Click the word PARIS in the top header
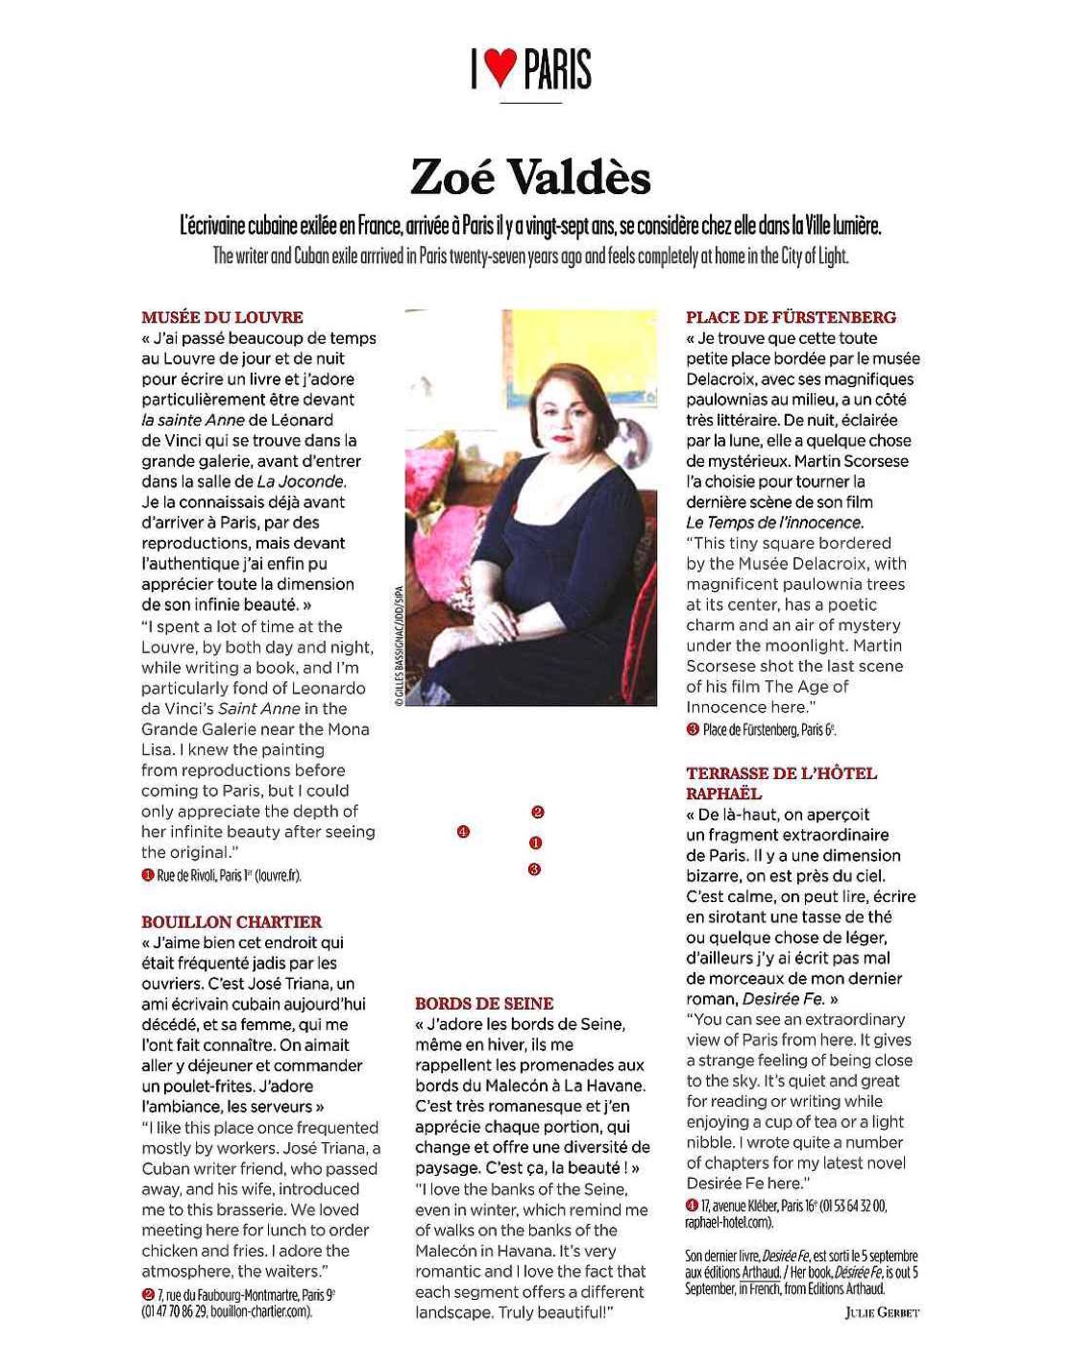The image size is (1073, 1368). [x=558, y=68]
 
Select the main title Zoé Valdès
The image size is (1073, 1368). [x=530, y=177]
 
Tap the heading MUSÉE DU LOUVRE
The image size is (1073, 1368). [x=222, y=317]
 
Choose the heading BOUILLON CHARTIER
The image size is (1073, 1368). [x=232, y=921]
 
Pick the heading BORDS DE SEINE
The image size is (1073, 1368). [x=484, y=1003]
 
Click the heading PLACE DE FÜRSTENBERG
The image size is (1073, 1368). [x=791, y=317]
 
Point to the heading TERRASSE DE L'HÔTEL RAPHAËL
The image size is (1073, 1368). [x=781, y=783]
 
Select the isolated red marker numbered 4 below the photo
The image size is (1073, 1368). [x=464, y=831]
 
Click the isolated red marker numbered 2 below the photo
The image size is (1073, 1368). [x=538, y=812]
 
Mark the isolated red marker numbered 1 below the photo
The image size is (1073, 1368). [x=536, y=843]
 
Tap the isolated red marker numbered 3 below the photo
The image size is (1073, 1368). [x=535, y=869]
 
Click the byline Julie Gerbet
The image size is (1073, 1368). [x=882, y=1312]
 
